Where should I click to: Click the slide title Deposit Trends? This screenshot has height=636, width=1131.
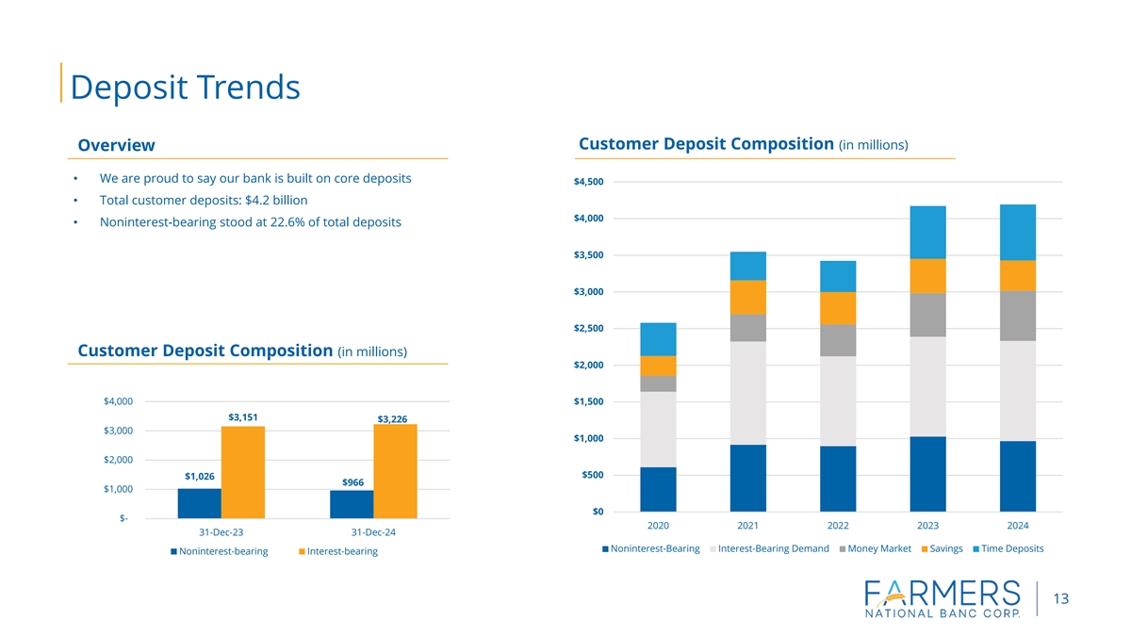click(185, 87)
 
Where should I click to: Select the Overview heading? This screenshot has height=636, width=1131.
click(116, 145)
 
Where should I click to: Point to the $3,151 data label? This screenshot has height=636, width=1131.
click(243, 416)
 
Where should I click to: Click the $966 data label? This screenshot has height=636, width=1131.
click(352, 482)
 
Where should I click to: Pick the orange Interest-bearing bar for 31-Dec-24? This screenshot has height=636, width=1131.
click(395, 471)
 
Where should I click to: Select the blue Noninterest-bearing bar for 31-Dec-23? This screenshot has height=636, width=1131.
click(199, 503)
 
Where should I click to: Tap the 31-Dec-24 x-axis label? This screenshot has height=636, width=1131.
click(373, 532)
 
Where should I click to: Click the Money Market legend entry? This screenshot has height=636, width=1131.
click(879, 549)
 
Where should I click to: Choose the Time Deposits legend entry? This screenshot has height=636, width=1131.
click(1011, 549)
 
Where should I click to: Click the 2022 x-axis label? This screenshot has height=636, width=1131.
click(838, 525)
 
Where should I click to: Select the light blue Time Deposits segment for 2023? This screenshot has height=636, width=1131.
click(927, 232)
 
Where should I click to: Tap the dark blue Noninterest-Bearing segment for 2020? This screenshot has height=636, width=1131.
click(658, 489)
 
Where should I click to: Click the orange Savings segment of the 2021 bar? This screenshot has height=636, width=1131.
click(747, 297)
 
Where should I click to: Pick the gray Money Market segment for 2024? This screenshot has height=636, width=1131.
click(1018, 316)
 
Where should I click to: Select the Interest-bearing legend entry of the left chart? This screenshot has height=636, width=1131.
click(341, 551)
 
